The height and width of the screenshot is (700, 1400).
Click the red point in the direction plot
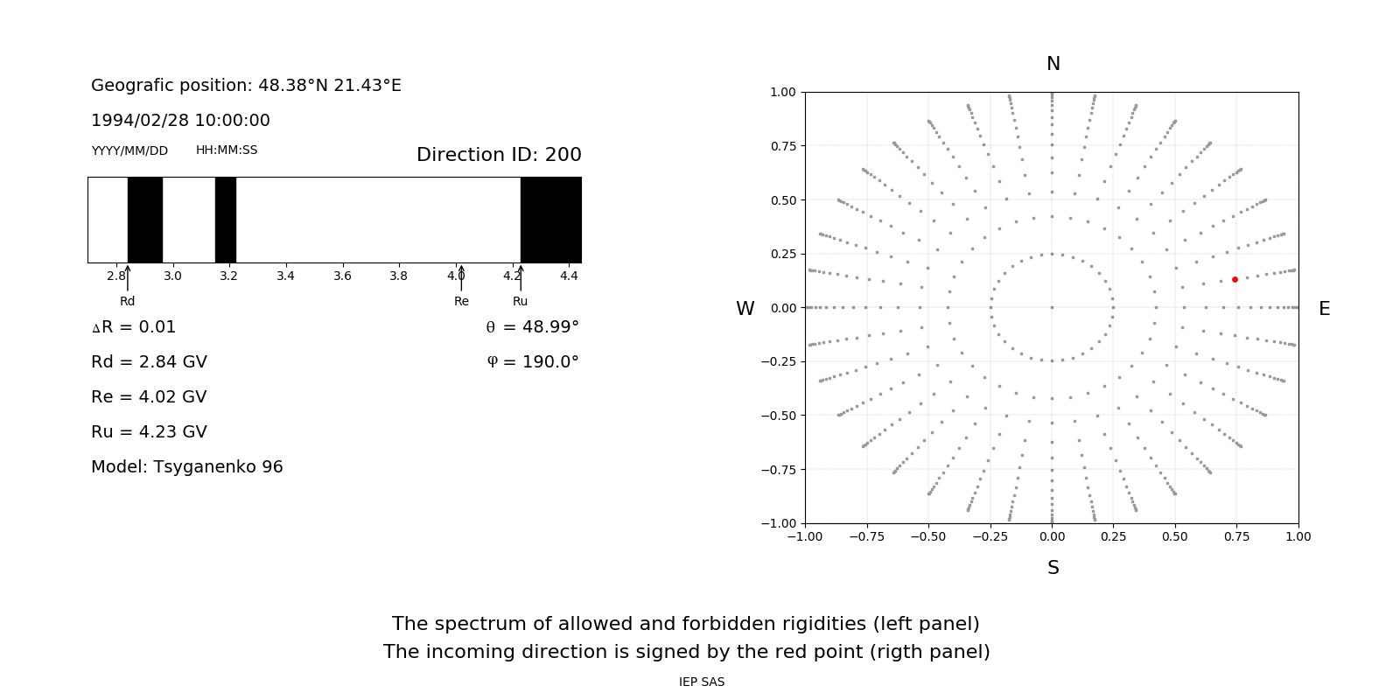1235,280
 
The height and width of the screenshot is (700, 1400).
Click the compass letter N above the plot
1053,64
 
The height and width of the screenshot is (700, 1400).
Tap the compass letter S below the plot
1053,568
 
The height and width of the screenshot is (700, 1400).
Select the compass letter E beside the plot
1324,309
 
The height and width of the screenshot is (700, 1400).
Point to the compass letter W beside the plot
745,309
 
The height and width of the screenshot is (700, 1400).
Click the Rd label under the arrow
128,302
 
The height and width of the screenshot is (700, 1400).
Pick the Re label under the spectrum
461,302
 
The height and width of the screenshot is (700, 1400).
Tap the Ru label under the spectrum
521,302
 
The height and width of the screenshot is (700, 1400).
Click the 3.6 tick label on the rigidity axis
342,276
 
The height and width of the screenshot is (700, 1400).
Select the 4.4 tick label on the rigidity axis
569,276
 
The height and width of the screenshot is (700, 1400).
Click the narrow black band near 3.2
226,220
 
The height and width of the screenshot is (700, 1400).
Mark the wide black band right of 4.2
551,220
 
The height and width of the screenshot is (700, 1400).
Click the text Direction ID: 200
499,155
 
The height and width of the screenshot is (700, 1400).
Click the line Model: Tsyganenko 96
187,467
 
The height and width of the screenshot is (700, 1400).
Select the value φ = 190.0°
533,362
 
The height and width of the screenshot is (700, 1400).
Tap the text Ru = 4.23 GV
149,432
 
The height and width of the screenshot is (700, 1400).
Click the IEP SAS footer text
702,682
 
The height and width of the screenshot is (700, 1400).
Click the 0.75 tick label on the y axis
783,146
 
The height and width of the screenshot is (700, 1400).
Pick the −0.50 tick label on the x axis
928,536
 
